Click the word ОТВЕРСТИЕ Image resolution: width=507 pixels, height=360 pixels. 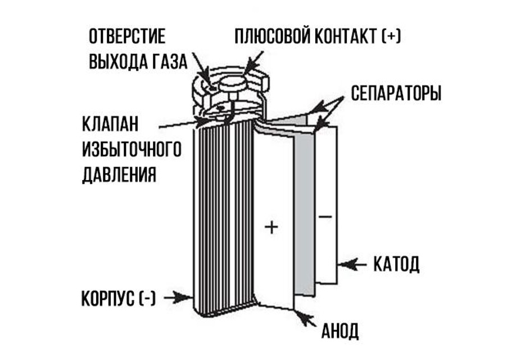127,36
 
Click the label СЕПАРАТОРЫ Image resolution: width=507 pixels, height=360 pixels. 396,93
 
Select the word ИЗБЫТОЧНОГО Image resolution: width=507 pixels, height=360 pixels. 132,149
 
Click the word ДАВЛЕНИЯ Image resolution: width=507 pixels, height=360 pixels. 119,175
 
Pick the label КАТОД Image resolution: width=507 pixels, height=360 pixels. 396,264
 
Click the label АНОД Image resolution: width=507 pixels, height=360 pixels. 340,331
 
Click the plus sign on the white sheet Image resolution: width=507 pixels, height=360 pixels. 271,227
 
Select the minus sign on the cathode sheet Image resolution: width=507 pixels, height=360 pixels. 325,217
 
